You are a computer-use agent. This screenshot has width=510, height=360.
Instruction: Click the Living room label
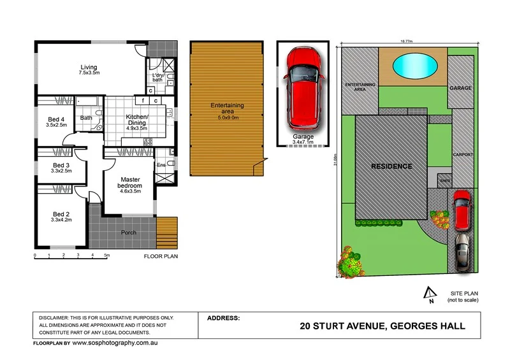89,68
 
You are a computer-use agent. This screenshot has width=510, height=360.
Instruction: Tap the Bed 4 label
57,119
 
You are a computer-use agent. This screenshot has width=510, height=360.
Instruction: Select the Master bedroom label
129,182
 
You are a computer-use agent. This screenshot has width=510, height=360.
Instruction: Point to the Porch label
129,233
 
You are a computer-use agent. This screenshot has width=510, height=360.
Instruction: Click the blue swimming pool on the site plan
415,64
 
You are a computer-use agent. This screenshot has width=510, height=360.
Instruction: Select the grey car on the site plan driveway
462,251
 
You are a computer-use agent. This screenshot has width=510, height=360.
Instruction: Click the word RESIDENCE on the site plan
392,166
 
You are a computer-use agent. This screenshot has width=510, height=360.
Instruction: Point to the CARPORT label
462,155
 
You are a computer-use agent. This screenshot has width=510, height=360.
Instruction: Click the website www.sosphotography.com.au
114,343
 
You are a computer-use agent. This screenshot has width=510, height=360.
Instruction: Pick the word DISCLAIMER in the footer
57,317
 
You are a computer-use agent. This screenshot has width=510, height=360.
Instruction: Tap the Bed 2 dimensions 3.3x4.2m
62,220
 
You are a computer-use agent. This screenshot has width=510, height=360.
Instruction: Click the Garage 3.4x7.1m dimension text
303,143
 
